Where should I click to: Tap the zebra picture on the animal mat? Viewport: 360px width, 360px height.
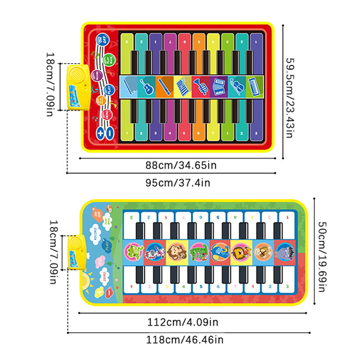click(153, 252)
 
